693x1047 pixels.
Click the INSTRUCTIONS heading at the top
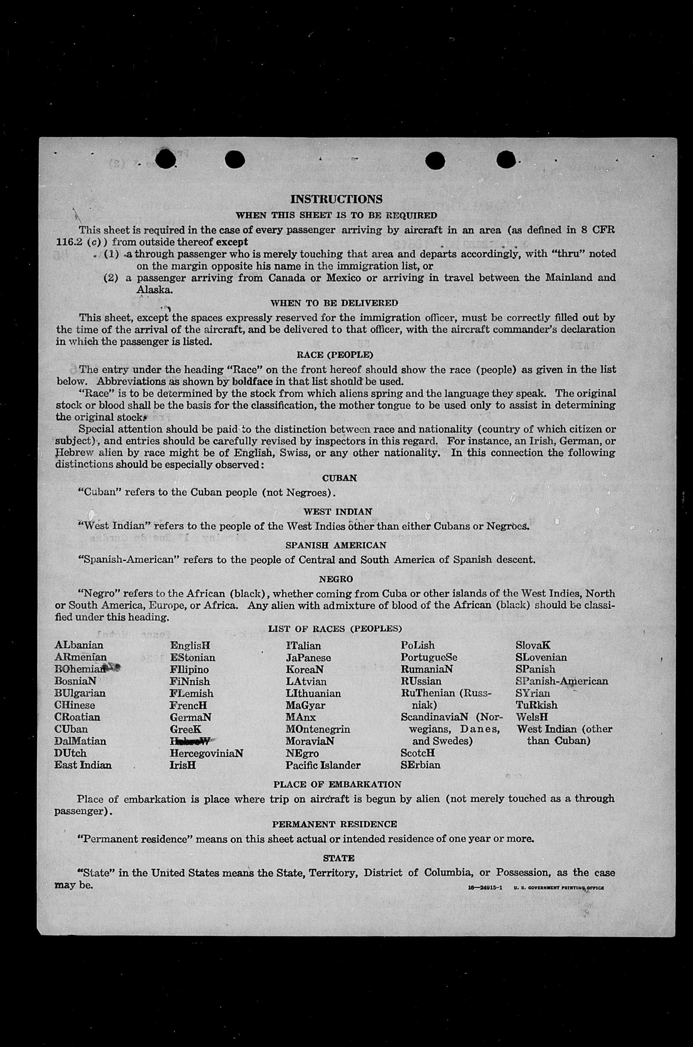coord(336,199)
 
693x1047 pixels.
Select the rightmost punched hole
coord(506,160)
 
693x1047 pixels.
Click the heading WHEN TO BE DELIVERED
coord(334,303)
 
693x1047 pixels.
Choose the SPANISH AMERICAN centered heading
coord(336,545)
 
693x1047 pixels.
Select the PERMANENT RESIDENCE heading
coord(334,825)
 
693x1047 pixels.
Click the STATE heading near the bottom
coord(338,858)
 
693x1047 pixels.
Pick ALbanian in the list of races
coord(79,646)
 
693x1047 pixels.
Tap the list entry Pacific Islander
coord(323,765)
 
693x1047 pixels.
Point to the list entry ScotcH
coord(417,753)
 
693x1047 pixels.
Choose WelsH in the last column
coord(532,717)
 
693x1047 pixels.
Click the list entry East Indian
coord(83,765)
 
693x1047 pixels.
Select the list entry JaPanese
coord(308,658)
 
